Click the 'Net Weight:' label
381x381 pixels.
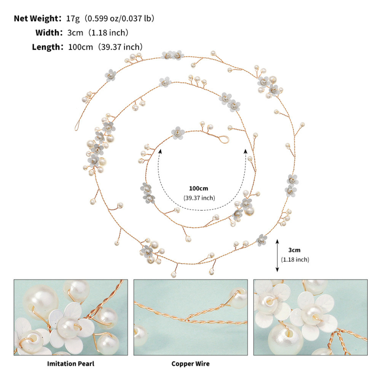[38, 19]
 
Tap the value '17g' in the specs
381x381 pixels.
[73, 19]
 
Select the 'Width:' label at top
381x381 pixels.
[49, 32]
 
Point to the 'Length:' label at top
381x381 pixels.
[48, 47]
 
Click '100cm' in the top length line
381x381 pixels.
[80, 47]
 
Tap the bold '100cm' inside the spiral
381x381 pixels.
[199, 188]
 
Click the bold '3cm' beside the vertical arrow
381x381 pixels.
[294, 250]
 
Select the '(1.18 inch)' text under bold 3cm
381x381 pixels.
[295, 260]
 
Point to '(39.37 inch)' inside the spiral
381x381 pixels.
[199, 198]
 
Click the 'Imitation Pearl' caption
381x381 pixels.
[70, 364]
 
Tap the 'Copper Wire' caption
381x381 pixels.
[190, 364]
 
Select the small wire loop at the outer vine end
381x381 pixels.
[77, 126]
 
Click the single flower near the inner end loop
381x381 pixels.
[178, 133]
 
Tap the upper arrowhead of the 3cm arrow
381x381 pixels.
[277, 241]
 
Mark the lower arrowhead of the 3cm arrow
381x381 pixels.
[277, 269]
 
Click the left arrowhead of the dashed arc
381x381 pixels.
[160, 151]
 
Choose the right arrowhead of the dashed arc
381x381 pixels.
[246, 151]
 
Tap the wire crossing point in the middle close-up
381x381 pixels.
[187, 320]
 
